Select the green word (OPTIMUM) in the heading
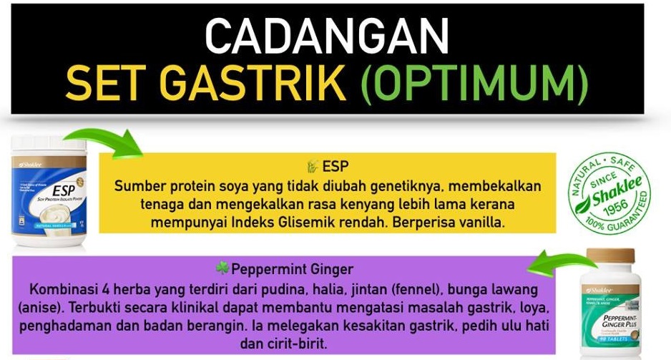click(x=475, y=84)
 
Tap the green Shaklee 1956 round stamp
click(x=609, y=193)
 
